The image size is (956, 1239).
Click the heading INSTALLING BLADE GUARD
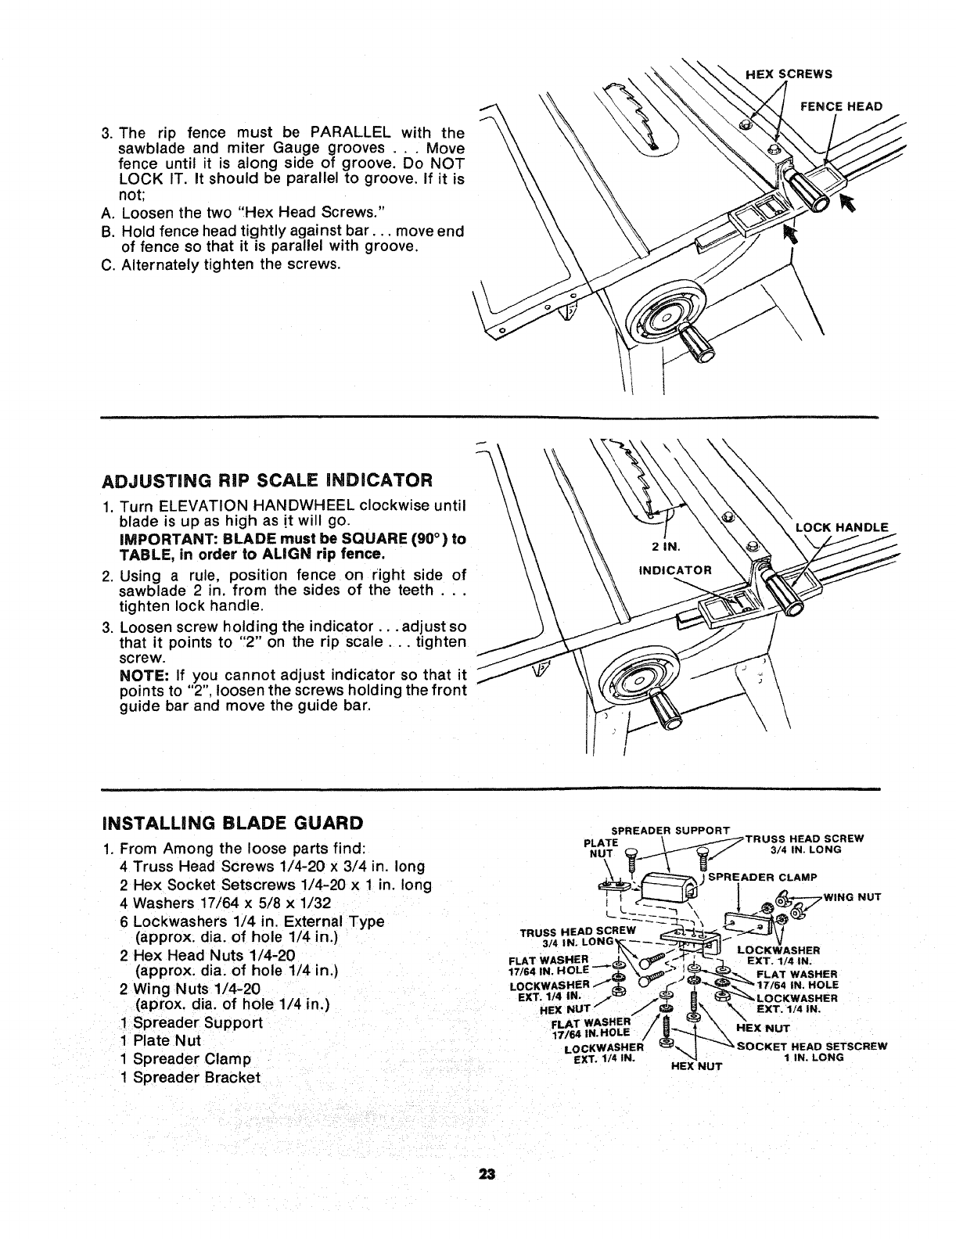232,822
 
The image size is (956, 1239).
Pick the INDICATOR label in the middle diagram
675,569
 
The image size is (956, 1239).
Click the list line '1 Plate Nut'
161,1040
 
